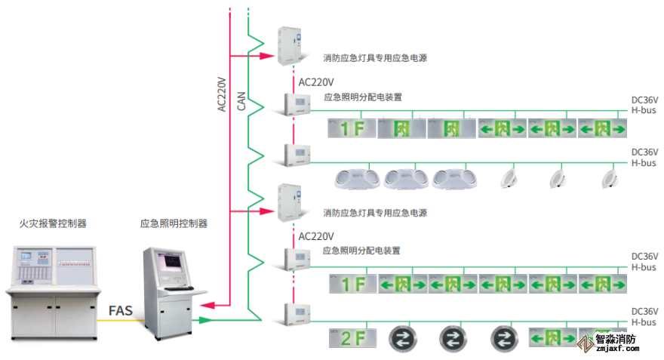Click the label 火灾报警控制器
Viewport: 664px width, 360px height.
[53, 223]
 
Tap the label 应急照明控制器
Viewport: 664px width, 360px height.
[174, 223]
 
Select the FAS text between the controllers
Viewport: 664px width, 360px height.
[121, 310]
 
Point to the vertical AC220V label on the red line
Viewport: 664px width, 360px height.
[222, 94]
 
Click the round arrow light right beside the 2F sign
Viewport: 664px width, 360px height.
[401, 338]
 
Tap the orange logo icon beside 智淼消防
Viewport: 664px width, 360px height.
[585, 344]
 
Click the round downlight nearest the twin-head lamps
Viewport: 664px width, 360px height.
[509, 178]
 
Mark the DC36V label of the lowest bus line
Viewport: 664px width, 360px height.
[644, 312]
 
